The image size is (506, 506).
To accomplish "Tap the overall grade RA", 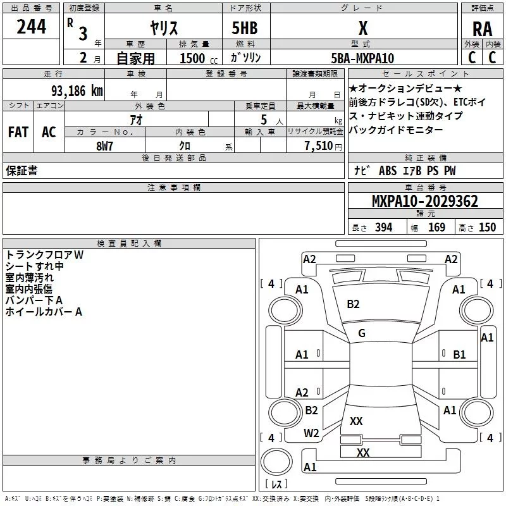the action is click(482, 28).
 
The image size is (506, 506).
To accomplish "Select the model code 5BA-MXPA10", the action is click(362, 58).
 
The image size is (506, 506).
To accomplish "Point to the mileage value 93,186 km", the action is click(77, 91).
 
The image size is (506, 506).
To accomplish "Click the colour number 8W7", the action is click(104, 145).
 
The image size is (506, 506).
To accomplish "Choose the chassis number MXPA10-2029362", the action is click(424, 202).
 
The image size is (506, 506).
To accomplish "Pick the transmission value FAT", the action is click(18, 132).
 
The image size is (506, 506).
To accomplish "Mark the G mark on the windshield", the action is click(362, 333).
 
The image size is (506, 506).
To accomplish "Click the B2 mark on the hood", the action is click(353, 304).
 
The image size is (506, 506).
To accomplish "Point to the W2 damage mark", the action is click(311, 433).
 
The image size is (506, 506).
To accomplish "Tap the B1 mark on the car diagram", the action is click(459, 355).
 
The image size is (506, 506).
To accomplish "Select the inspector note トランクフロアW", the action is click(44, 255).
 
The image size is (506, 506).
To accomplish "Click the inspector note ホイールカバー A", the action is click(44, 312).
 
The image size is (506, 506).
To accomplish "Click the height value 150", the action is click(487, 228).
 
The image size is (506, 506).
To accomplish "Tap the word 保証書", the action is click(22, 171).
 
